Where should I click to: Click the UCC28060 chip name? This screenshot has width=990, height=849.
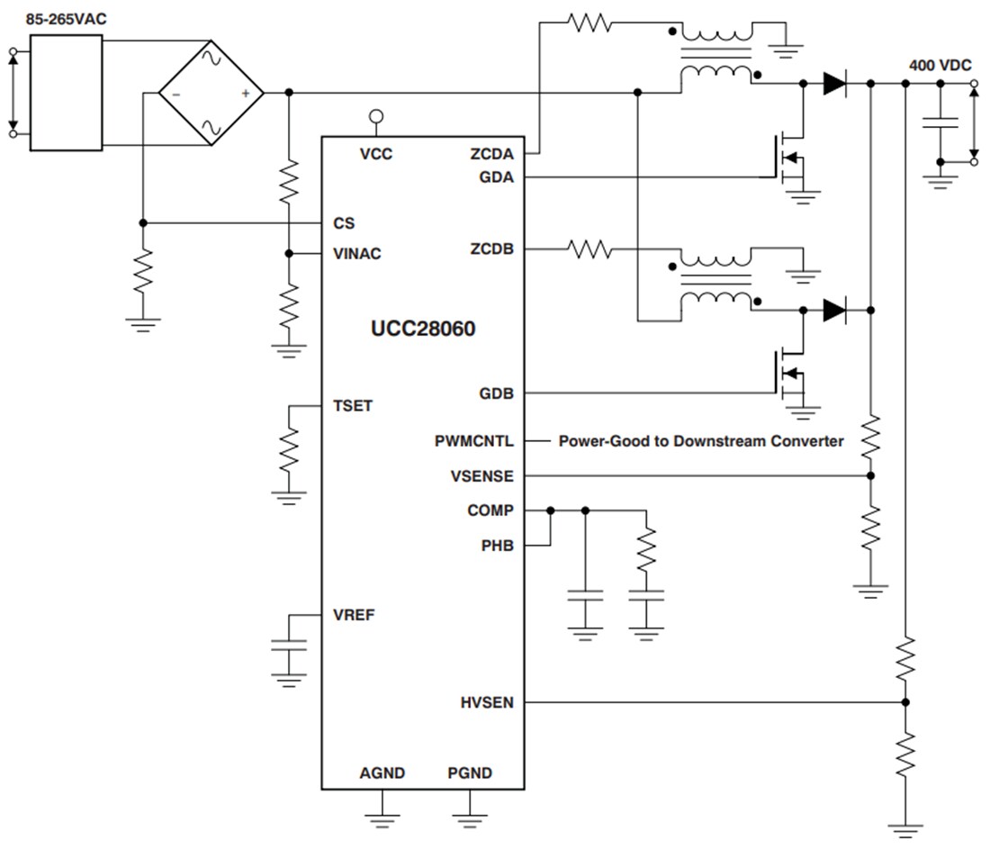[x=423, y=329]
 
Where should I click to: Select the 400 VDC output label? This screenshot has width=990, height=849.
[x=940, y=65]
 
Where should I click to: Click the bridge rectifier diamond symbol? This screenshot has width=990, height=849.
[x=211, y=94]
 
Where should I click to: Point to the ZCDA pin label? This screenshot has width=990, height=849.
[x=491, y=154]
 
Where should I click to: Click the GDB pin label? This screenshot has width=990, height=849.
[x=497, y=393]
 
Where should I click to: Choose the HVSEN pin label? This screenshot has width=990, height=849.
[x=487, y=702]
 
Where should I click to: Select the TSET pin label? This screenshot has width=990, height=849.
[x=352, y=406]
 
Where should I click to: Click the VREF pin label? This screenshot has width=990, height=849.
[x=354, y=616]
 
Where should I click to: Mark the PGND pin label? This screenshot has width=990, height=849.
[x=470, y=772]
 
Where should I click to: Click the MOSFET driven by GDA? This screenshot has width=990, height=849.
[x=785, y=158]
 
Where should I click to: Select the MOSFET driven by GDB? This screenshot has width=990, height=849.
[x=785, y=374]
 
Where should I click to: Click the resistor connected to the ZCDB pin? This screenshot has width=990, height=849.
[x=590, y=248]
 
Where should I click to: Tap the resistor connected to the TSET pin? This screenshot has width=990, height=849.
[x=289, y=449]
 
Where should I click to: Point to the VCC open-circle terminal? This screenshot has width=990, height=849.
[x=376, y=116]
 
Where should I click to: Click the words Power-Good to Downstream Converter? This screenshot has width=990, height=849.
[x=701, y=441]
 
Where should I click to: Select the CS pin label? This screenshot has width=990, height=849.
[x=343, y=222]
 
